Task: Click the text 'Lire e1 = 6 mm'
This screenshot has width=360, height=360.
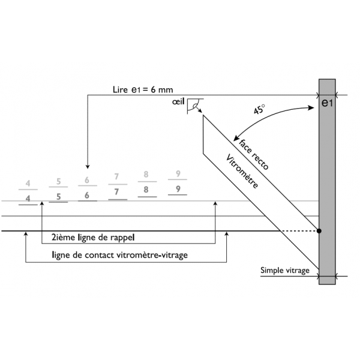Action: [143, 89]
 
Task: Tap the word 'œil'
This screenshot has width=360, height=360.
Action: [178, 101]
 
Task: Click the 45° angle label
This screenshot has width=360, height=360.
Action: [259, 109]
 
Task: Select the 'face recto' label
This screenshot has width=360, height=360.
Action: [253, 154]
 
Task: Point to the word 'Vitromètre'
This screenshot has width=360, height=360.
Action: [242, 171]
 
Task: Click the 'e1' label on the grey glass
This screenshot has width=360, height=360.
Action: [327, 103]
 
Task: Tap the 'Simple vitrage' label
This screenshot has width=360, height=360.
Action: [285, 271]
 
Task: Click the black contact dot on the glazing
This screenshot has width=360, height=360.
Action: [319, 231]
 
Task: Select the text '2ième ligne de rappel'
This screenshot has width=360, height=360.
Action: [93, 238]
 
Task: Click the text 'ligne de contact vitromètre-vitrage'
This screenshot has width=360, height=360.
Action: [119, 255]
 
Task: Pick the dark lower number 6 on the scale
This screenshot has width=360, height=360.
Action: [87, 196]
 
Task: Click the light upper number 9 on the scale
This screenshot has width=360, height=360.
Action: [178, 174]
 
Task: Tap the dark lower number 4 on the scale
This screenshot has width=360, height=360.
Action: [28, 198]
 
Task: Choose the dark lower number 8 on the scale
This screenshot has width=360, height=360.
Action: [146, 190]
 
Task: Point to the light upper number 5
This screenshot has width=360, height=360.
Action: [59, 181]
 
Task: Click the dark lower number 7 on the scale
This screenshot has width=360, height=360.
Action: [116, 192]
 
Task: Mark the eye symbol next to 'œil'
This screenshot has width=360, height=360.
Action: [195, 106]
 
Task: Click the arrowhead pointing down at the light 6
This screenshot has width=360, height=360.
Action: [88, 167]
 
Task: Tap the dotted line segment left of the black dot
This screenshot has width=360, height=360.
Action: [299, 231]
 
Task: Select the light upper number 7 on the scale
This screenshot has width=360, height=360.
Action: [116, 176]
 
